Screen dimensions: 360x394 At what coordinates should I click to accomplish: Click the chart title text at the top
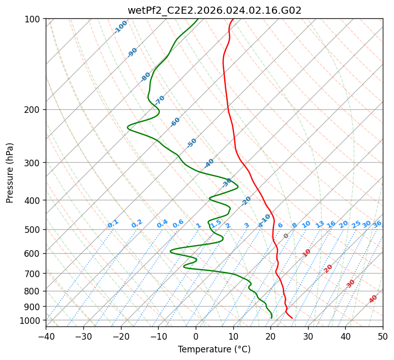tap(214, 10)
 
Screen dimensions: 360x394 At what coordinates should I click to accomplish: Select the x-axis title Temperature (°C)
tap(214, 350)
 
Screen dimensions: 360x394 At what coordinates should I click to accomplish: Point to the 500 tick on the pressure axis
tap(34, 229)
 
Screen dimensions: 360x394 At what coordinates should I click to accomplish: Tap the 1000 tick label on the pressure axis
tap(32, 320)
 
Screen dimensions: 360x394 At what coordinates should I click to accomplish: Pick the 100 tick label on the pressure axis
tap(34, 19)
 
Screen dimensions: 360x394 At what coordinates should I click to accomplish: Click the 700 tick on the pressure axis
tap(34, 274)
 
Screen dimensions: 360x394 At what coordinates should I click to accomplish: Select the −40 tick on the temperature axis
tap(46, 336)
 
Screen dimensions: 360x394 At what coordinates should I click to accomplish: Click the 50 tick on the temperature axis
tap(383, 336)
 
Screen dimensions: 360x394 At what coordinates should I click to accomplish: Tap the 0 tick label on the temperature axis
tap(196, 336)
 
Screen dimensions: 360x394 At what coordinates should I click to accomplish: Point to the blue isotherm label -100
tap(120, 27)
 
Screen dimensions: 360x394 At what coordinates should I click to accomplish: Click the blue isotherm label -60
tap(175, 122)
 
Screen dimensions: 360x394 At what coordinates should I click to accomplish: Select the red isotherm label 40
tap(373, 299)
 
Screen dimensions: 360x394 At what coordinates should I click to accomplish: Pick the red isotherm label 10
tap(307, 253)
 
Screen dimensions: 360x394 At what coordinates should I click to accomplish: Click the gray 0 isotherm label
tap(286, 236)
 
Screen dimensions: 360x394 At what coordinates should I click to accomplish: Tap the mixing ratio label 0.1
tap(113, 224)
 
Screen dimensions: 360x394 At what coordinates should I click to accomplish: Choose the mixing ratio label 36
tap(377, 224)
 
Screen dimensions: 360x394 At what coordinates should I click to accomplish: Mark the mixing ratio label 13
tap(320, 224)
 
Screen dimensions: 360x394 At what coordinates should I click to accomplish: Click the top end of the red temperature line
tap(233, 19)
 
